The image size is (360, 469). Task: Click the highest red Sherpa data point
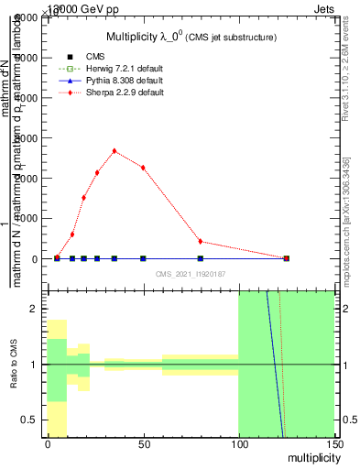point(114,150)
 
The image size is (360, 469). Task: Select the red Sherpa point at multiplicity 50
point(143,167)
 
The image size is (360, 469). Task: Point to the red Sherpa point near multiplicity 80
point(200,242)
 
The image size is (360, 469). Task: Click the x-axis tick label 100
point(238,444)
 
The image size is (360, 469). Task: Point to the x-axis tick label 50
point(143,444)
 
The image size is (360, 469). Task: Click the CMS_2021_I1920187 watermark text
point(190,274)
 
